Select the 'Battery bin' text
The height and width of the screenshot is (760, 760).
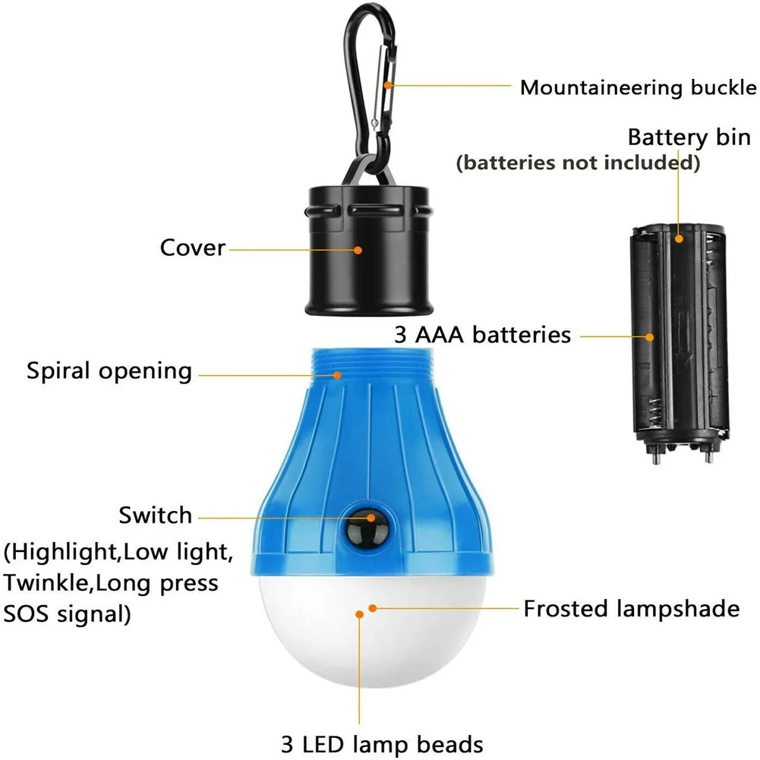pos(689,138)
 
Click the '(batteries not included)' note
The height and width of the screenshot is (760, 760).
pos(577,162)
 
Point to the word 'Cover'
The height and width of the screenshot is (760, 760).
pos(192,248)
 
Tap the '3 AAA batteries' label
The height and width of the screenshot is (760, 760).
pos(482,335)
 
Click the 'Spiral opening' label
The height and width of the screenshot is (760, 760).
pos(109,371)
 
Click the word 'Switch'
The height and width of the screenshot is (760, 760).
pos(155,516)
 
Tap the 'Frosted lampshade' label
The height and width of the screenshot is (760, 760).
pos(631,608)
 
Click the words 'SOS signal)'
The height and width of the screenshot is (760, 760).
pos(67,613)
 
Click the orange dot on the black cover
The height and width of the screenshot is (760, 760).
pos(360,248)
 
